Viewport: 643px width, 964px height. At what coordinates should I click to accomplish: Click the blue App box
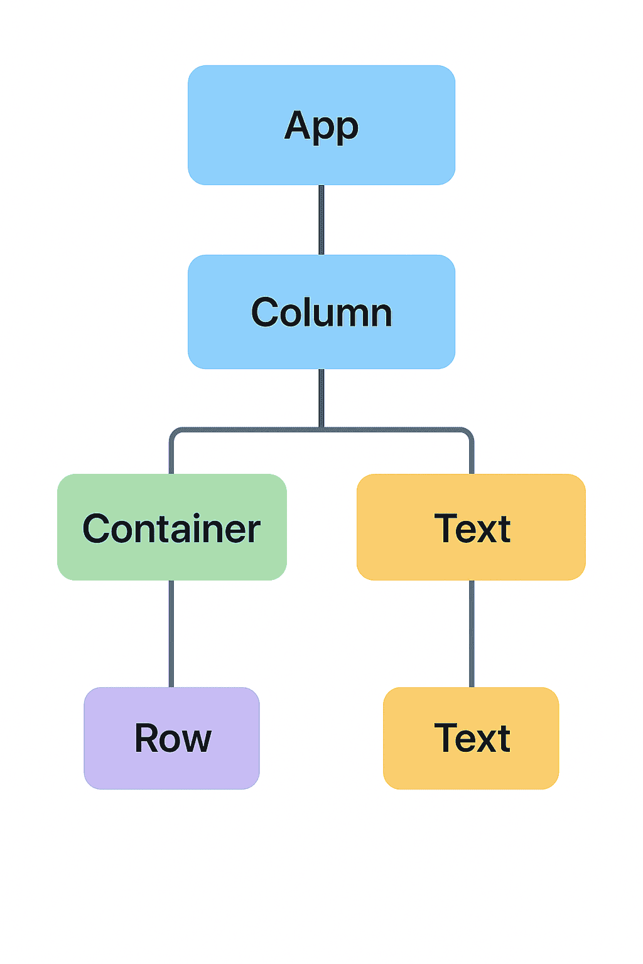(321, 126)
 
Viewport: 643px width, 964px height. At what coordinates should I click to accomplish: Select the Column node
(321, 311)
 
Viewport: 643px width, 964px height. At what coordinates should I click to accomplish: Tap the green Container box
(172, 527)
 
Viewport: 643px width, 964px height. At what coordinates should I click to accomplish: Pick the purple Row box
(172, 738)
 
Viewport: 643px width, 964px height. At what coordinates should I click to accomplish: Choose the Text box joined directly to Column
(471, 527)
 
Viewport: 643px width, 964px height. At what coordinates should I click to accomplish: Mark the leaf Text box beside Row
(471, 738)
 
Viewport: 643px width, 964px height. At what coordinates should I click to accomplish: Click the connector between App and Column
(321, 220)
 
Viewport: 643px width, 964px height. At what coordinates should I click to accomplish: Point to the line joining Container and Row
(171, 634)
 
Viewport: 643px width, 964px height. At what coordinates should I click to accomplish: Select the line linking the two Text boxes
(472, 634)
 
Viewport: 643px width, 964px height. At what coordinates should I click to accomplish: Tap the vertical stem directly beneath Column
(321, 399)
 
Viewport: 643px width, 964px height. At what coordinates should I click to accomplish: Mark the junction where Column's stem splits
(321, 429)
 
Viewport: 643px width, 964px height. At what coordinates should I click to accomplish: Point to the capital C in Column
(264, 312)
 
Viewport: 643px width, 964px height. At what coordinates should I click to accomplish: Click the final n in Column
(381, 316)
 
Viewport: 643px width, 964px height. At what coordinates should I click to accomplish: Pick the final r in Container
(254, 532)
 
